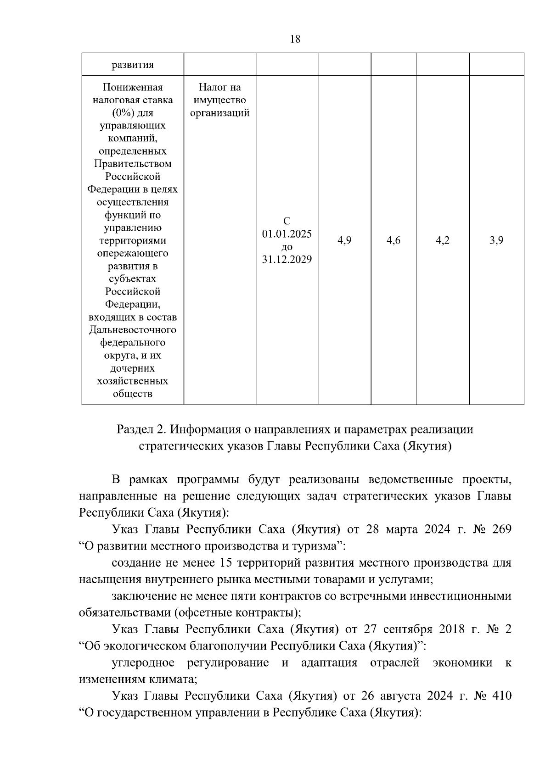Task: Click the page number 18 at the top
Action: [x=295, y=39]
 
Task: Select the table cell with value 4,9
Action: [x=344, y=240]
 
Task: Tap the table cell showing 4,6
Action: [x=394, y=240]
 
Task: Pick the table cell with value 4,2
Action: [x=443, y=240]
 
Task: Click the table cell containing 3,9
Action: [x=496, y=240]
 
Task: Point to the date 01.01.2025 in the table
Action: [x=287, y=234]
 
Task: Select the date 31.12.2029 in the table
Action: [x=287, y=260]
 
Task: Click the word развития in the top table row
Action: [x=133, y=65]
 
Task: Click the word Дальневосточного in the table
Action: [x=133, y=330]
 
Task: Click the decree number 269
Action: [x=501, y=529]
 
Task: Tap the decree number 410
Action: [x=501, y=696]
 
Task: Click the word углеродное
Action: [x=143, y=663]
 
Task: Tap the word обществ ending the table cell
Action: [x=133, y=394]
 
